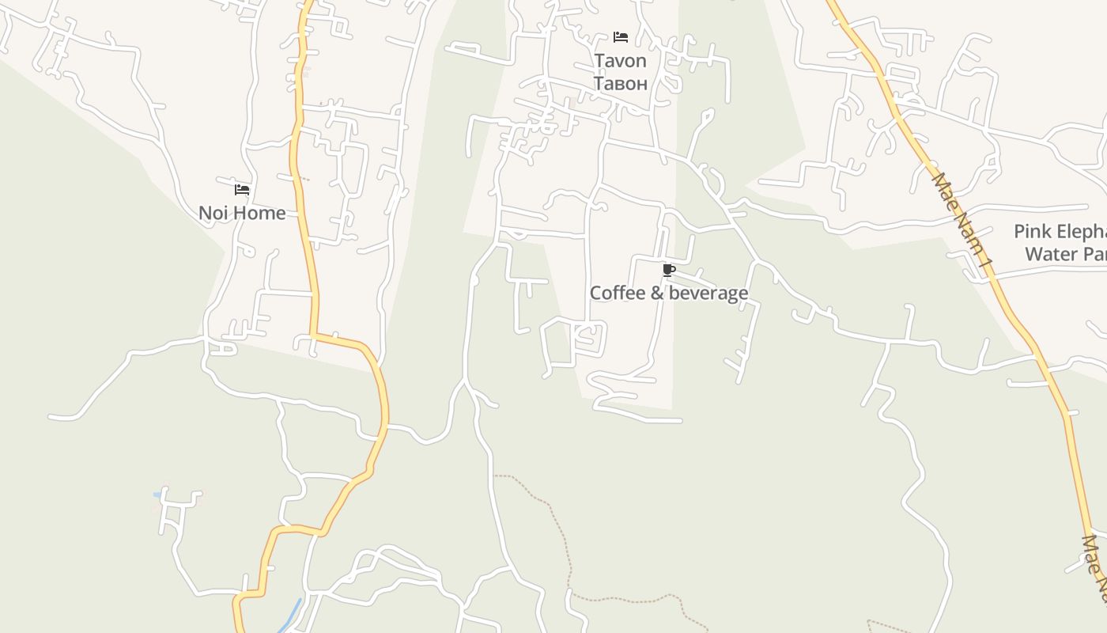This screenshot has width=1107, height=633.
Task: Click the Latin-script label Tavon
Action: [620, 61]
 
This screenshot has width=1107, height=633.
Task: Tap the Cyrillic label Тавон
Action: [620, 83]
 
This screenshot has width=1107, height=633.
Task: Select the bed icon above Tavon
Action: [621, 37]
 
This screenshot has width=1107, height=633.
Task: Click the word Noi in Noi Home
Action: [213, 213]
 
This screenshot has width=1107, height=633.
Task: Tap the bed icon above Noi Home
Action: [242, 190]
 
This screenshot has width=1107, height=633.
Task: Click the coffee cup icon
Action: [669, 271]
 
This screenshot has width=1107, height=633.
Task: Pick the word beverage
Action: [708, 294]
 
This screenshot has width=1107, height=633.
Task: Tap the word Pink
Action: [1033, 232]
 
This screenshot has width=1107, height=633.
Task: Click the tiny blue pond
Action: [158, 495]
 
